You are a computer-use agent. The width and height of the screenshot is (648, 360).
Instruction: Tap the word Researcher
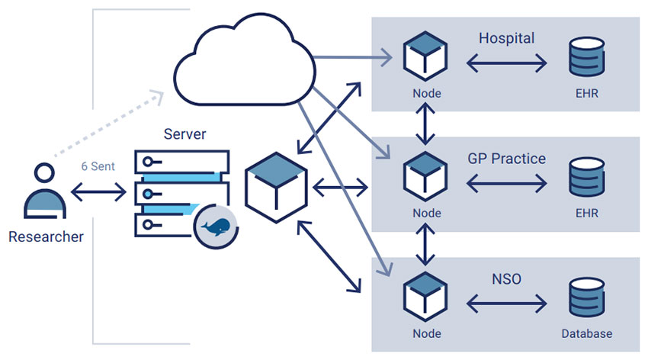pyautogui.click(x=46, y=236)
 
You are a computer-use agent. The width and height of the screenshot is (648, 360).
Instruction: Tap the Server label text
pyautogui.click(x=184, y=133)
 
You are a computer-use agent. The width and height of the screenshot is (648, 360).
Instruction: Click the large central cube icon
pyautogui.click(x=274, y=187)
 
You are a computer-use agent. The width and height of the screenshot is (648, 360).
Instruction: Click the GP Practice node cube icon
pyautogui.click(x=425, y=176)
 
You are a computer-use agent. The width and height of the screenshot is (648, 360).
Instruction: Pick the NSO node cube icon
pyautogui.click(x=425, y=297)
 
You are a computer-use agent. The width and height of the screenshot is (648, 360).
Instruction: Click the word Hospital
pyautogui.click(x=506, y=38)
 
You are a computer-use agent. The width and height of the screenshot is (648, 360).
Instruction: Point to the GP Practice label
pyautogui.click(x=506, y=159)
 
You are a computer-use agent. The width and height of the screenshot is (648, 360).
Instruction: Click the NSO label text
pyautogui.click(x=506, y=279)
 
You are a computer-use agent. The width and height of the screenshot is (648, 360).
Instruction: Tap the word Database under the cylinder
pyautogui.click(x=586, y=334)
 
